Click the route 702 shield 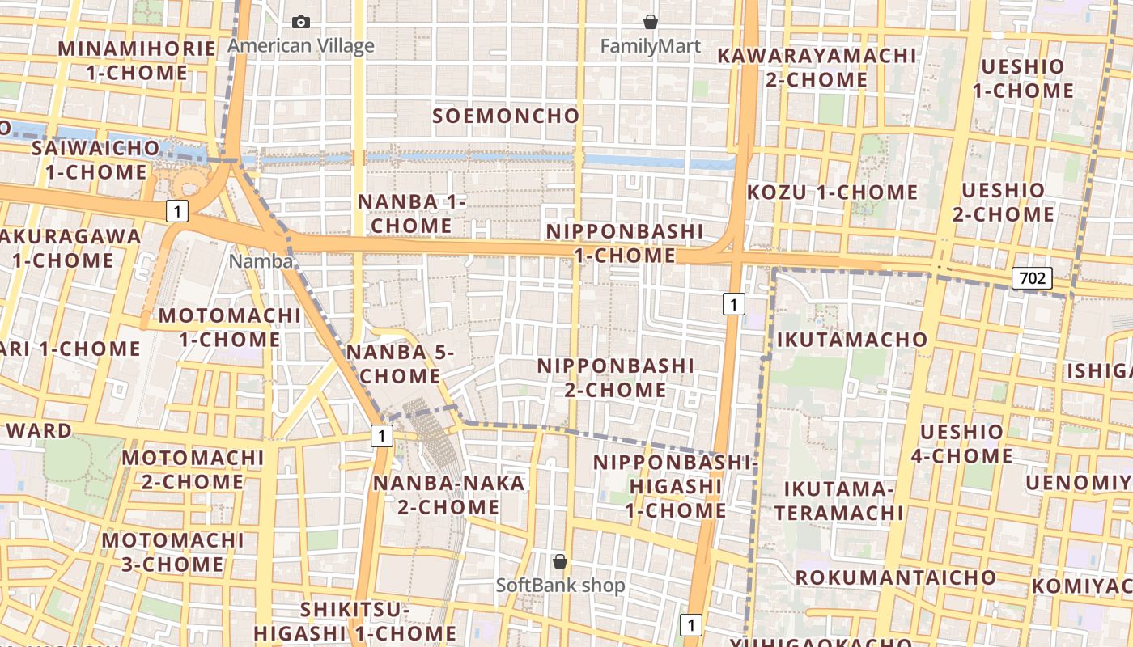click(x=1031, y=279)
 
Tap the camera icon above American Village click(x=301, y=22)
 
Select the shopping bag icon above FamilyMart click(x=650, y=22)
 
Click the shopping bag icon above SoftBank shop click(x=559, y=560)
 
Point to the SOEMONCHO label click(x=506, y=116)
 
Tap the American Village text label click(x=301, y=45)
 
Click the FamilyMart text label click(x=650, y=46)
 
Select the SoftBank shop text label click(x=560, y=585)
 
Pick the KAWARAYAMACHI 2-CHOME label click(x=817, y=68)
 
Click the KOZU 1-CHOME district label click(x=832, y=192)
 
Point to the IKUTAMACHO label click(x=851, y=340)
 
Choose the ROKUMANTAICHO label click(x=895, y=577)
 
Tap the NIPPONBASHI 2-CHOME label click(x=616, y=378)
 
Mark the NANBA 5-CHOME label click(x=401, y=364)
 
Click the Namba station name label click(x=261, y=260)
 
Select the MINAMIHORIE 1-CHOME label click(x=137, y=61)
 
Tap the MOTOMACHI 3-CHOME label click(x=172, y=552)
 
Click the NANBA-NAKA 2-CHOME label click(x=448, y=495)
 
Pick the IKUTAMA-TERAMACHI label click(x=838, y=501)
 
